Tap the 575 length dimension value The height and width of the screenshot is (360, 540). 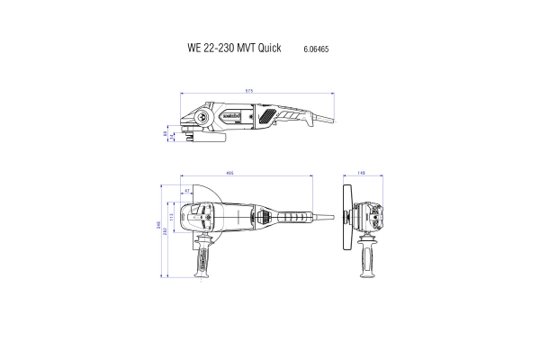point(249,91)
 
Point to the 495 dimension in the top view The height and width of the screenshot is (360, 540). point(230,173)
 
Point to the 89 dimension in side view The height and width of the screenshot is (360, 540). point(165,134)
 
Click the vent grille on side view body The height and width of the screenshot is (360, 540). point(267,116)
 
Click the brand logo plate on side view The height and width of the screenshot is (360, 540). point(231,115)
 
